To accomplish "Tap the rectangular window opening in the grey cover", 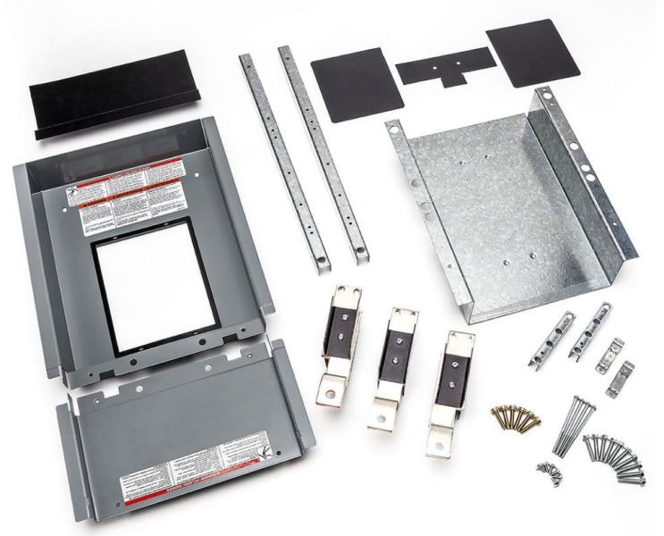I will click(x=155, y=284).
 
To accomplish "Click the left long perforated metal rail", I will click(x=283, y=161).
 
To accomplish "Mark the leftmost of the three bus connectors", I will click(x=340, y=344).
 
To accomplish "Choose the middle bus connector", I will click(x=392, y=366).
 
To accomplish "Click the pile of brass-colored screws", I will click(x=516, y=418).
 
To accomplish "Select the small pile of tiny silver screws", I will click(x=547, y=471).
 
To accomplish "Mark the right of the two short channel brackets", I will click(x=590, y=331).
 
